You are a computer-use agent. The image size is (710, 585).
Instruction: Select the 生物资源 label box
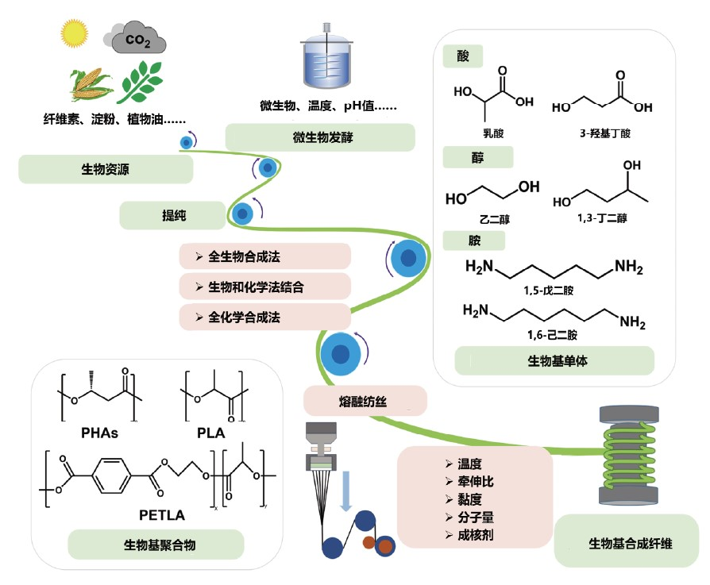click(x=106, y=168)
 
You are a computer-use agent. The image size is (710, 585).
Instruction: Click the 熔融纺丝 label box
click(x=365, y=400)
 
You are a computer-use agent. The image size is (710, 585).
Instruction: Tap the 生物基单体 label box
click(x=554, y=361)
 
